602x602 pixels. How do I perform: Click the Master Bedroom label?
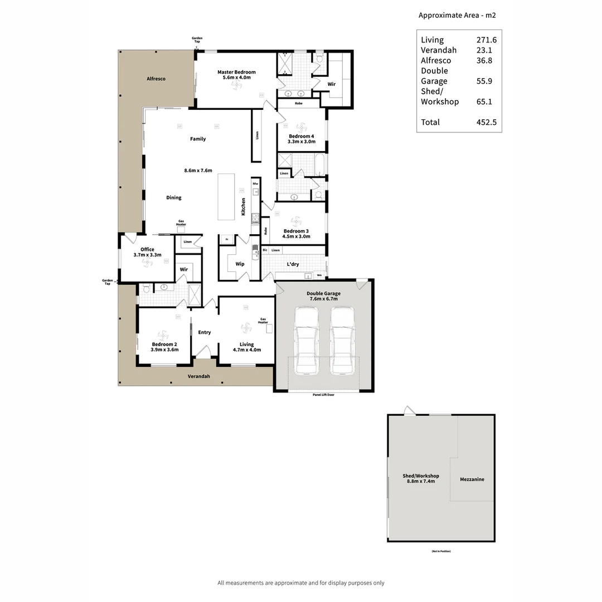(x=237, y=72)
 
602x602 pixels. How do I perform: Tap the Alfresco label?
(x=156, y=79)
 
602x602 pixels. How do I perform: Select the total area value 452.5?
(x=486, y=122)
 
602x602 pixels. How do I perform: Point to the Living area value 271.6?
(x=486, y=40)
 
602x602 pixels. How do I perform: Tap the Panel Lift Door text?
(x=323, y=395)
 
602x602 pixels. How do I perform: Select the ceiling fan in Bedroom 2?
(x=163, y=335)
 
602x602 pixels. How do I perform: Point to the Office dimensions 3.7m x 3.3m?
(x=147, y=255)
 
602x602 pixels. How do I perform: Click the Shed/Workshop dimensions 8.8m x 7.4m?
(x=421, y=480)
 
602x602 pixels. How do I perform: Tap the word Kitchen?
(x=243, y=207)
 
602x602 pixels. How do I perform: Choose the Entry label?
(x=205, y=332)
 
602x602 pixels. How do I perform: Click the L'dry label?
(x=293, y=264)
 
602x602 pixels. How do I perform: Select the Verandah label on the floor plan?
(x=198, y=376)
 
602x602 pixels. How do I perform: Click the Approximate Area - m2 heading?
(x=457, y=16)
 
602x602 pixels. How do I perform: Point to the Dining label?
(x=174, y=197)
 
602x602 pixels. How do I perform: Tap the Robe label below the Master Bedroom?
(x=299, y=103)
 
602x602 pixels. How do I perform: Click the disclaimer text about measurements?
(x=301, y=582)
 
